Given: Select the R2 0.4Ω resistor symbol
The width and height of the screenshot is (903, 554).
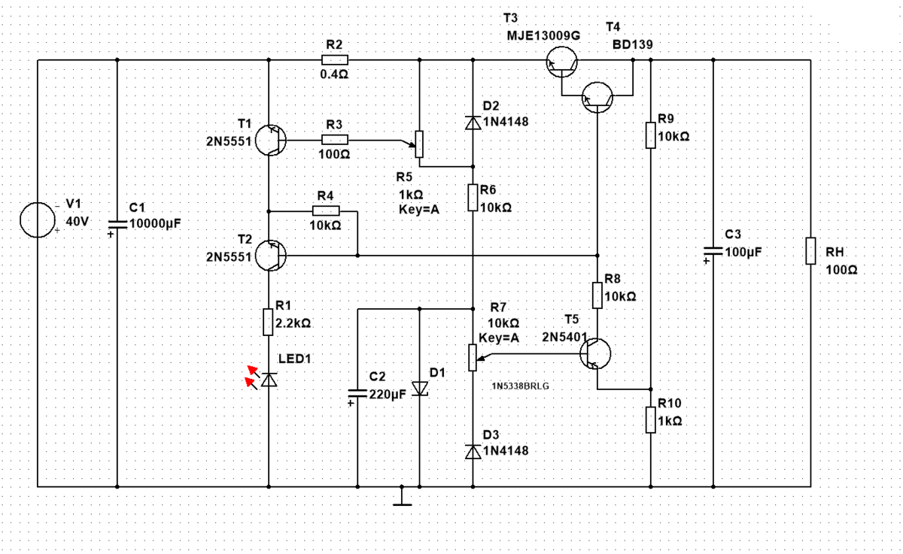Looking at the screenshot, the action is [335, 60].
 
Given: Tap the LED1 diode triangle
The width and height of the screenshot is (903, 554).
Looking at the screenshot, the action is [269, 380].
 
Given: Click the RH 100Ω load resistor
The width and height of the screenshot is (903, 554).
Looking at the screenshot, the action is [810, 251].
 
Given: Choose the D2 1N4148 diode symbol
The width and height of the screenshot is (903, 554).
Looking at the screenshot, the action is [473, 123].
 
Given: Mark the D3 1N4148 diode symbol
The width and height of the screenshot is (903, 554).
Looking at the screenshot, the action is [473, 451].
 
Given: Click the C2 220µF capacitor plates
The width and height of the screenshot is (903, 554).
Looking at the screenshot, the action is [357, 393].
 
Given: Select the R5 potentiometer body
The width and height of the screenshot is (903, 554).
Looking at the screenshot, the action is [419, 144].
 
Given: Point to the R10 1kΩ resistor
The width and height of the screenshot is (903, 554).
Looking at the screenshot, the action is [651, 420].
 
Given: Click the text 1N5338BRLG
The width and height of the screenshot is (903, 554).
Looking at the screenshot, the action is [520, 386].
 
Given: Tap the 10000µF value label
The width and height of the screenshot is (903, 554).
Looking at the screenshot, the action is [155, 223].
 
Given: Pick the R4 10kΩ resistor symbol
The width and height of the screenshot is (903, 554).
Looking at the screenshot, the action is [326, 210].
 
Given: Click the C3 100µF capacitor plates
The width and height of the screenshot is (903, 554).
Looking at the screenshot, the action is [713, 251].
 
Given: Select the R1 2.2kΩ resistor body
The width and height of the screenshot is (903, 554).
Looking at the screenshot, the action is [268, 322].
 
